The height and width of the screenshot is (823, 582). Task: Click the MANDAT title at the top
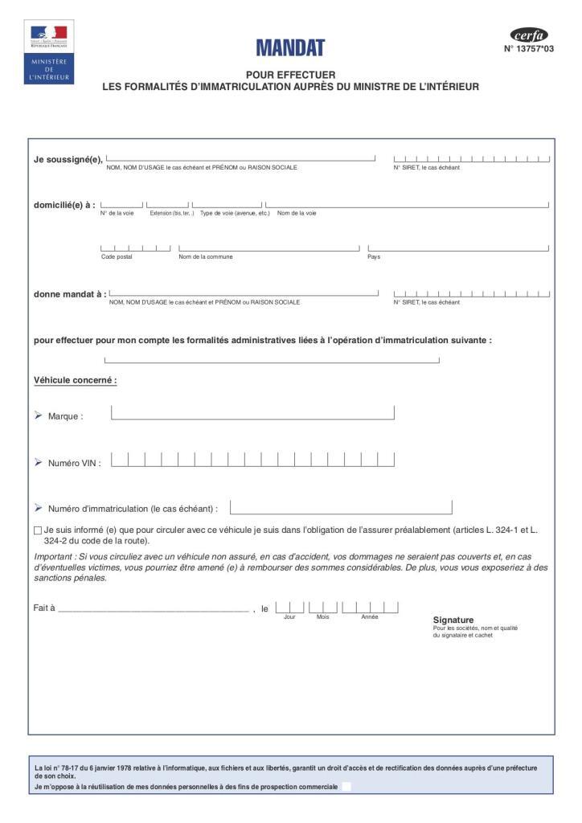click(290, 48)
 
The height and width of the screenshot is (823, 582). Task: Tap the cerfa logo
click(529, 35)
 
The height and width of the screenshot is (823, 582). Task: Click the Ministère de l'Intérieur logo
click(49, 53)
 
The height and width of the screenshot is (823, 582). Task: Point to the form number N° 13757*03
click(529, 49)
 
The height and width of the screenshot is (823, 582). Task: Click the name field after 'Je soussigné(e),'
click(240, 158)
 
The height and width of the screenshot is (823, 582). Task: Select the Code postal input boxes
click(135, 248)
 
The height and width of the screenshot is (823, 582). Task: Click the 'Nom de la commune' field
click(268, 248)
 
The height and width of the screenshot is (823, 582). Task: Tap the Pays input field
click(458, 248)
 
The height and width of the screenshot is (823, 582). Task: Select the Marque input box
click(252, 413)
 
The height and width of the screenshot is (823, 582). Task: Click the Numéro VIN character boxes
click(252, 460)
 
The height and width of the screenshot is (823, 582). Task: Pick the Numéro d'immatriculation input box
click(341, 508)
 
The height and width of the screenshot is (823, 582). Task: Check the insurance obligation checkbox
click(38, 530)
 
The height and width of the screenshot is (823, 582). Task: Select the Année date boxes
click(370, 607)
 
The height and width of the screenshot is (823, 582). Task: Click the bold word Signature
click(453, 620)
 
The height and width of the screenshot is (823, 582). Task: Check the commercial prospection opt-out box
click(346, 787)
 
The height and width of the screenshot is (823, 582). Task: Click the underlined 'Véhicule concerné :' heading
click(76, 380)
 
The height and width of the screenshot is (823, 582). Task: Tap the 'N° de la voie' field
click(121, 205)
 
